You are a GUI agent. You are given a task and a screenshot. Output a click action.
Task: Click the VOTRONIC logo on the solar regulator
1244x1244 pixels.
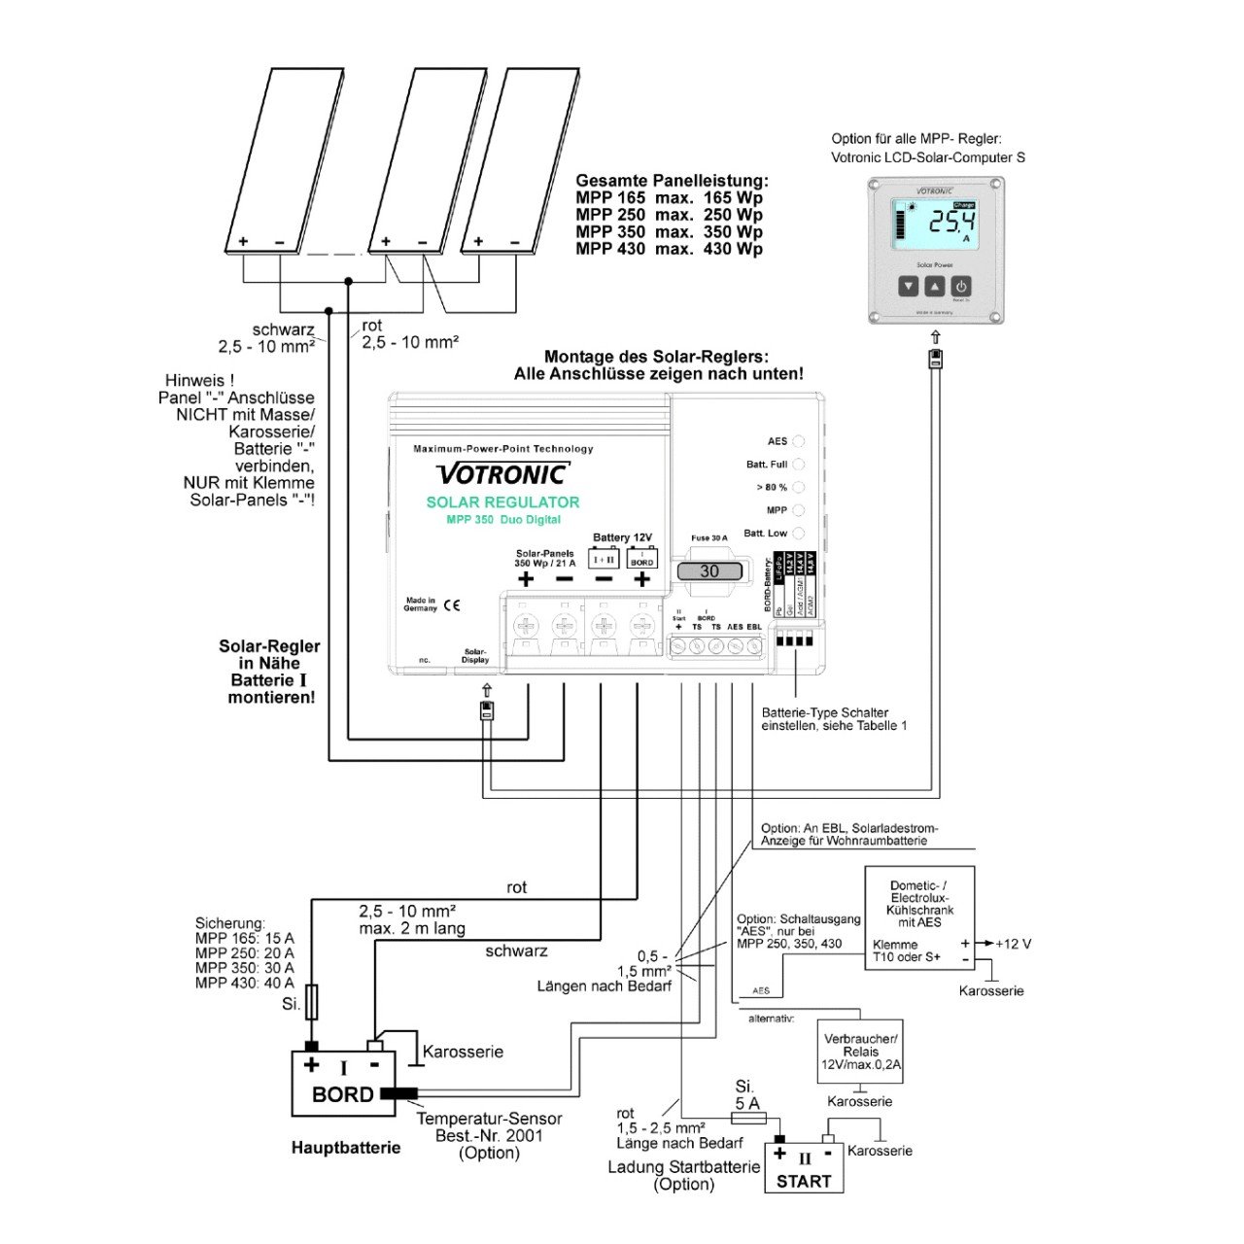coord(502,474)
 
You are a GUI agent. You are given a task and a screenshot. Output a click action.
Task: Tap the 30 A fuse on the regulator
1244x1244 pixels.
coord(709,571)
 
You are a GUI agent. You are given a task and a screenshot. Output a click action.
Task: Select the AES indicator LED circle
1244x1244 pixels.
coord(799,441)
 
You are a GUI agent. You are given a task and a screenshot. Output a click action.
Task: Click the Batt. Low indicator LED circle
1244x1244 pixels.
coord(799,533)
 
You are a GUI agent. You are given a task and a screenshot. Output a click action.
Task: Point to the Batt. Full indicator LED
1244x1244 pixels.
coord(799,465)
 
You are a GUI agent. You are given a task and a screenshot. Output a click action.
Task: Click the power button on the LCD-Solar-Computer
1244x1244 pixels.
coord(960,287)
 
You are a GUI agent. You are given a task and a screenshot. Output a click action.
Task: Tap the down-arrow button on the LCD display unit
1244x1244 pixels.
coord(908,287)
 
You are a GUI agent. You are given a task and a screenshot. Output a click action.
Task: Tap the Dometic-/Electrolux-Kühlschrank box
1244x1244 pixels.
coord(919,917)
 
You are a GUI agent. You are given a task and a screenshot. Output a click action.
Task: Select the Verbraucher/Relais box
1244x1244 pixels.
coord(860,1052)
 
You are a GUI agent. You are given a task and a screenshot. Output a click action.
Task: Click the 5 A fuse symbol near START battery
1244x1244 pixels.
coord(747,1118)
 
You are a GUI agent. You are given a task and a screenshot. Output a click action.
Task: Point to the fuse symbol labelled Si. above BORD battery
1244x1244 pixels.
coord(311,1002)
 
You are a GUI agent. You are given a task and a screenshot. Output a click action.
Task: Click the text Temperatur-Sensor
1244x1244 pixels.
coord(489,1119)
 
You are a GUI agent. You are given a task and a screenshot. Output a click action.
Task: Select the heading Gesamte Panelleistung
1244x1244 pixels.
coord(672,181)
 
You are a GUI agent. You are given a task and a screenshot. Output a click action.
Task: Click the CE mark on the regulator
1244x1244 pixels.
coord(452,605)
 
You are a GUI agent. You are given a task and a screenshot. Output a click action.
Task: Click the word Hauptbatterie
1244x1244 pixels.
coord(346,1148)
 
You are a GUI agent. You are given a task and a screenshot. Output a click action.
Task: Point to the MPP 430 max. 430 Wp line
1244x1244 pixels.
coord(669,249)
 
